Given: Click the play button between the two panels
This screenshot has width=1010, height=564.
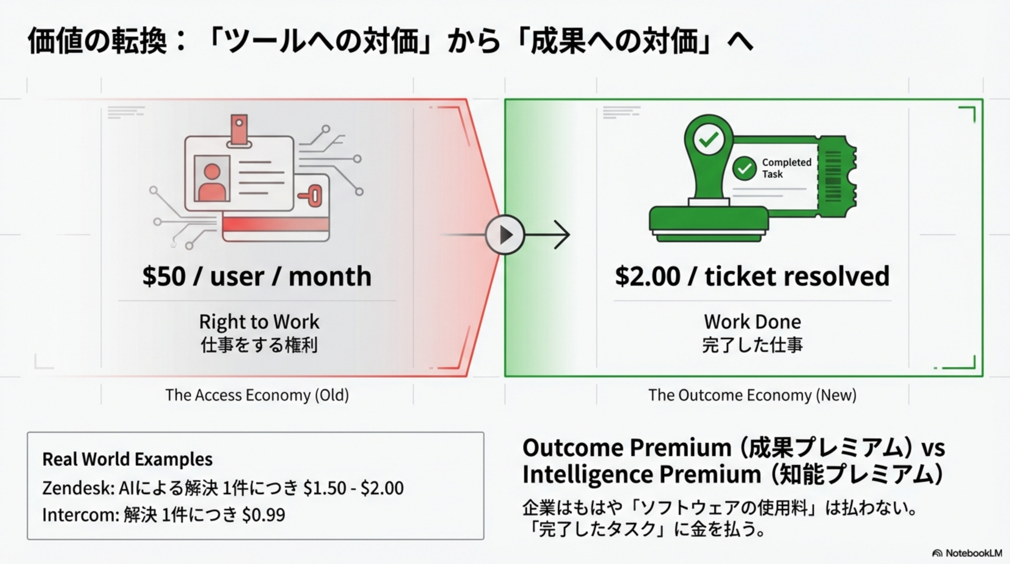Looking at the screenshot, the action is click(x=505, y=235).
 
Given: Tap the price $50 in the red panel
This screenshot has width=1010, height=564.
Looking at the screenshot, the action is click(x=164, y=276).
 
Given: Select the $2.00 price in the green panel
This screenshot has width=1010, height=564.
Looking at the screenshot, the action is click(x=647, y=276).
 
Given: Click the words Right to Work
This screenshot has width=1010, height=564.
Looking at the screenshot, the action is click(x=259, y=322).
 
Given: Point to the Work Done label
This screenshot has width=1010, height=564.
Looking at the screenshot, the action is click(x=752, y=322).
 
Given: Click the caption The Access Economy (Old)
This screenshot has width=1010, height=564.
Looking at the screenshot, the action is click(x=257, y=395).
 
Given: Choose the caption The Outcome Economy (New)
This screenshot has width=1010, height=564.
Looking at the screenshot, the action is click(x=752, y=395).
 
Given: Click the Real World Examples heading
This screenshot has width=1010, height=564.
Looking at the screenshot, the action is click(x=127, y=459).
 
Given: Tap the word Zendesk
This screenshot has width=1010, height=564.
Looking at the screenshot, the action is click(x=77, y=488).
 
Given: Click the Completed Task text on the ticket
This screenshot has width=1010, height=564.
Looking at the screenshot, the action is click(x=786, y=168).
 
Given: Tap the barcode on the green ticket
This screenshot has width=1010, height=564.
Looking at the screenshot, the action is click(x=833, y=176).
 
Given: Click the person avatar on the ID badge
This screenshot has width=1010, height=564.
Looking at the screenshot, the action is click(x=212, y=182).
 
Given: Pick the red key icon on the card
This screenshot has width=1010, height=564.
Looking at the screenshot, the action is click(x=311, y=195).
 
